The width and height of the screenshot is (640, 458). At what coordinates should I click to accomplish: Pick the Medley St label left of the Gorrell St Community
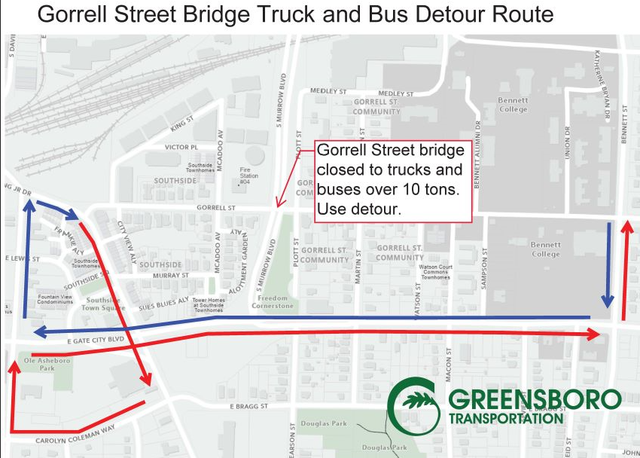tap(328, 91)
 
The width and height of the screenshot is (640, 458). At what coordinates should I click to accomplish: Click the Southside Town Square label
tap(103, 304)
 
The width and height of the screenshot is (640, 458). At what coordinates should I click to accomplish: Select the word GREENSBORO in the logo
tap(535, 400)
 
